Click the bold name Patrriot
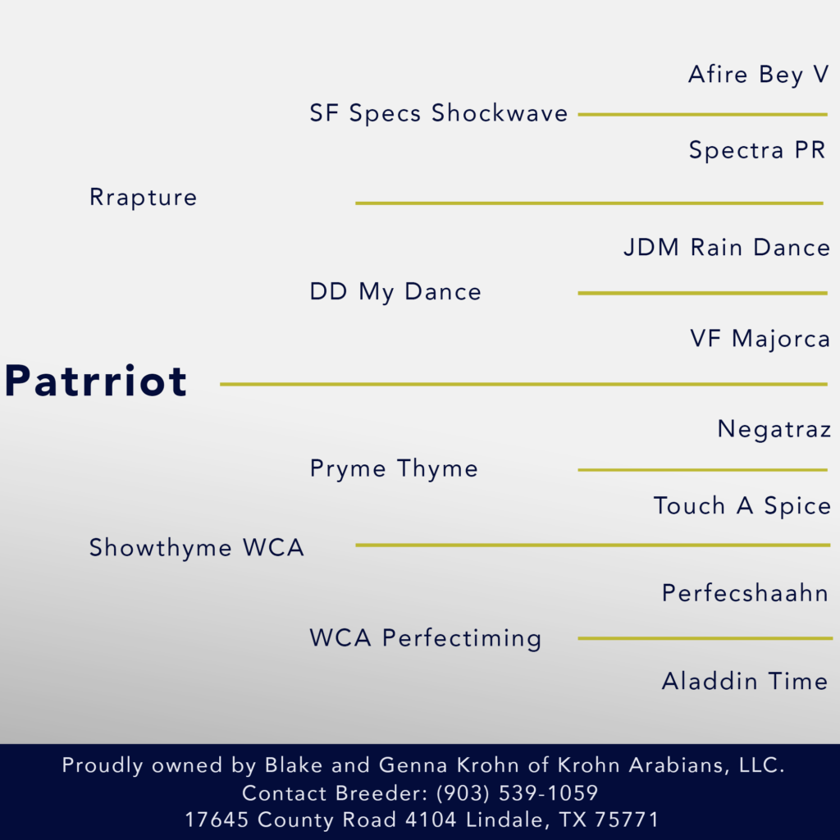pos(96,381)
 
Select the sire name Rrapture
pos(143,198)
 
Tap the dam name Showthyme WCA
pos(197,547)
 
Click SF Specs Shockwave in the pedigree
pos(439,113)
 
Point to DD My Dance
pos(395,292)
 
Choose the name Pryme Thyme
pos(394,468)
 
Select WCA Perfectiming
pos(426,638)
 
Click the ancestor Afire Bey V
pos(759,75)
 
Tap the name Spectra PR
pos(757,150)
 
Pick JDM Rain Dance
pos(727,248)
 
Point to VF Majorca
pos(760,339)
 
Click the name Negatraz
pos(774,429)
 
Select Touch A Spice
pos(742,505)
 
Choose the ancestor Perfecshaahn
pos(745,593)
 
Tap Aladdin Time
pos(745,682)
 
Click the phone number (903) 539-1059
pos(517,793)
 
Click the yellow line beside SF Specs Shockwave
pos(703,114)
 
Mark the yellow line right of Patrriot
pos(524,384)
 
